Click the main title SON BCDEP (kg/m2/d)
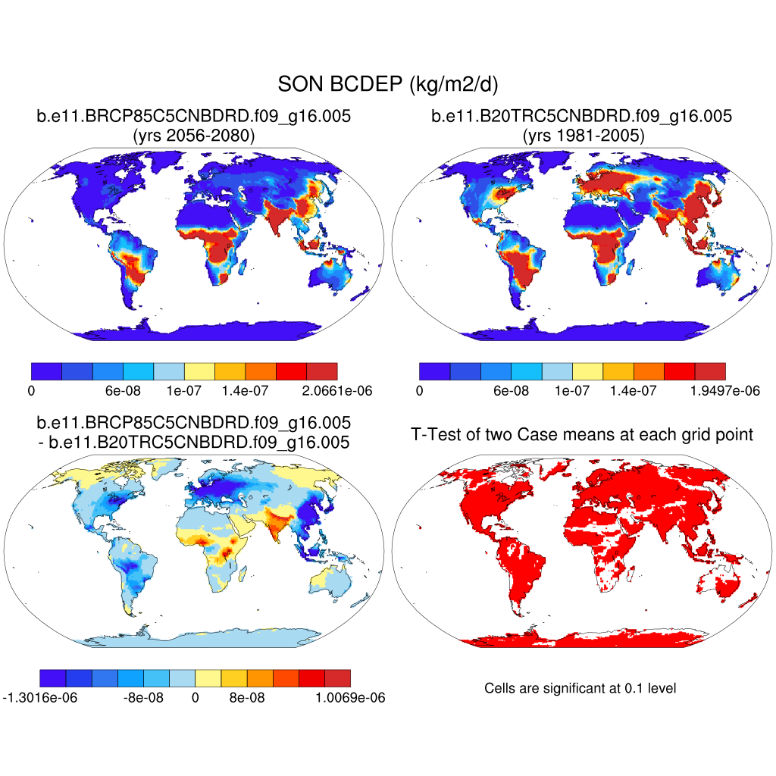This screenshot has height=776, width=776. (x=387, y=84)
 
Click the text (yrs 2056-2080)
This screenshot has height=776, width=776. (x=193, y=136)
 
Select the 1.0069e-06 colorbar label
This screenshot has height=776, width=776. (x=350, y=698)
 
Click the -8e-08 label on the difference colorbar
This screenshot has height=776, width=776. (x=143, y=698)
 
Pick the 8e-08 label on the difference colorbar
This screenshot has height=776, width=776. (x=247, y=698)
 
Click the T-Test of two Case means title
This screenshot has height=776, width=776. (x=581, y=434)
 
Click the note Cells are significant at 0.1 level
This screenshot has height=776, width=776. (x=580, y=688)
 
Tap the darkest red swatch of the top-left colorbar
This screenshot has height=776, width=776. (x=322, y=371)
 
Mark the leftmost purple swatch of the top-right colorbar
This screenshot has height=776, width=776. (x=434, y=371)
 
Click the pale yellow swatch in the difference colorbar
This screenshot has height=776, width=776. (x=208, y=677)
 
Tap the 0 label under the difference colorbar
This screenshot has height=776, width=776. (x=195, y=698)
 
